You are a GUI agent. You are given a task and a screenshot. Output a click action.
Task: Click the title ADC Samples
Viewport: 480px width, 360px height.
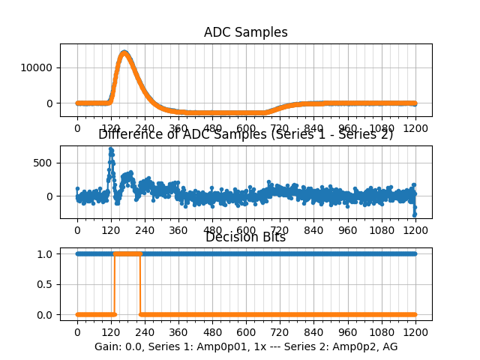click(245, 32)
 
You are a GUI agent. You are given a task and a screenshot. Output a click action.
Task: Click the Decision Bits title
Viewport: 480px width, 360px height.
click(245, 238)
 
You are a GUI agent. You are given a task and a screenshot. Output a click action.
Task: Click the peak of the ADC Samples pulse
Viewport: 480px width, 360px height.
click(124, 52)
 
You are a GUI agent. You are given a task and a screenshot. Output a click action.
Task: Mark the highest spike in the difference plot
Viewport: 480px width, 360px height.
click(111, 148)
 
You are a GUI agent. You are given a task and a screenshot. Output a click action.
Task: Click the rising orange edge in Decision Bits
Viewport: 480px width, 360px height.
click(114, 284)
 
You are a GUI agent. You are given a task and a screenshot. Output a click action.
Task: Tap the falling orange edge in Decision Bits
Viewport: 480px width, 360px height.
click(140, 284)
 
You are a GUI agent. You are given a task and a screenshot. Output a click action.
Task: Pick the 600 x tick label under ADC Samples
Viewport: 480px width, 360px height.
click(246, 128)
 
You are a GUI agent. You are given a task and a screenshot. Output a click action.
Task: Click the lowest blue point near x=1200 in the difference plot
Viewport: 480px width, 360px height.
click(414, 214)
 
